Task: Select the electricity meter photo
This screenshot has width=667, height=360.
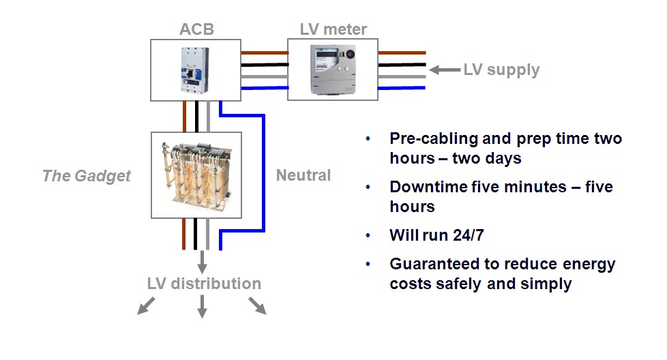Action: point(333,70)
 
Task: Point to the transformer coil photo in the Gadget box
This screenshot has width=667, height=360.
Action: point(196,175)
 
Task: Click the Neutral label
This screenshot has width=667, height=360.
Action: point(303,175)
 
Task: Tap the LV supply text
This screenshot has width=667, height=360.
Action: point(501,70)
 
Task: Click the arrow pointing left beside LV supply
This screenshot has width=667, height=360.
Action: point(445,70)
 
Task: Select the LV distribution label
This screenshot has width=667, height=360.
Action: point(204,283)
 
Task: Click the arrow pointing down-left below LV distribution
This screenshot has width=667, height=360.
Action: point(144,306)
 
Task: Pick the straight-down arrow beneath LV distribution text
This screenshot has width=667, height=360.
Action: point(202,308)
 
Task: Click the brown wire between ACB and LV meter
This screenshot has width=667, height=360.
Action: point(264,52)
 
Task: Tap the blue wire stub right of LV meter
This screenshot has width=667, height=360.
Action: point(402,88)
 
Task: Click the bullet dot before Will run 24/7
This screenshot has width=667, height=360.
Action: point(368,236)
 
